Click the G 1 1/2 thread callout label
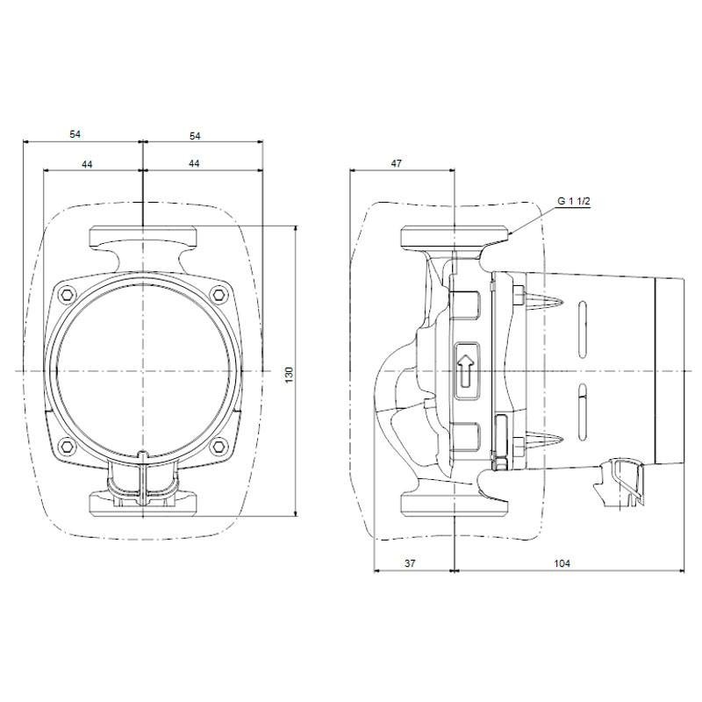(x=574, y=201)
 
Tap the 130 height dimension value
(x=290, y=375)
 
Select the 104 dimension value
(x=562, y=563)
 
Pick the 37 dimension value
(x=410, y=563)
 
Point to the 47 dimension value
(x=397, y=163)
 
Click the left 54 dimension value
(x=75, y=134)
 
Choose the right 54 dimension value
(x=195, y=136)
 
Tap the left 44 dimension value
(x=87, y=164)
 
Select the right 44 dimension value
(x=193, y=163)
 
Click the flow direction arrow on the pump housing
(x=466, y=371)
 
